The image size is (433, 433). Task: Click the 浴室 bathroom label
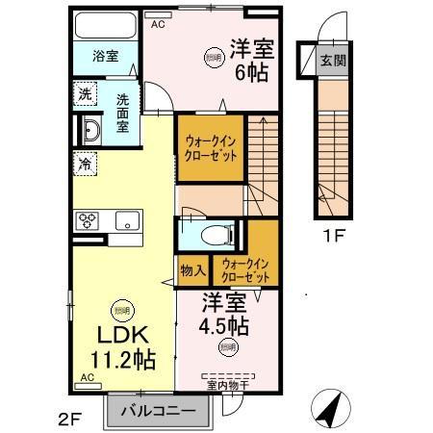click(x=106, y=56)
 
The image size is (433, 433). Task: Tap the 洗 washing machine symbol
click(x=86, y=94)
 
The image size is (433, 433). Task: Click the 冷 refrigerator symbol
click(x=85, y=164)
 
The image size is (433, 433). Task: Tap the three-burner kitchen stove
click(x=88, y=221)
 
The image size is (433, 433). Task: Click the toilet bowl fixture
click(x=216, y=234)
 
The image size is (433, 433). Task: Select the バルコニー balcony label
click(x=159, y=413)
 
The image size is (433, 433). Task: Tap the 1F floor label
click(x=333, y=234)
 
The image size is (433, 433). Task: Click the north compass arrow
click(x=333, y=409)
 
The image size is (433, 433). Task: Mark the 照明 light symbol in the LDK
click(x=121, y=310)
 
